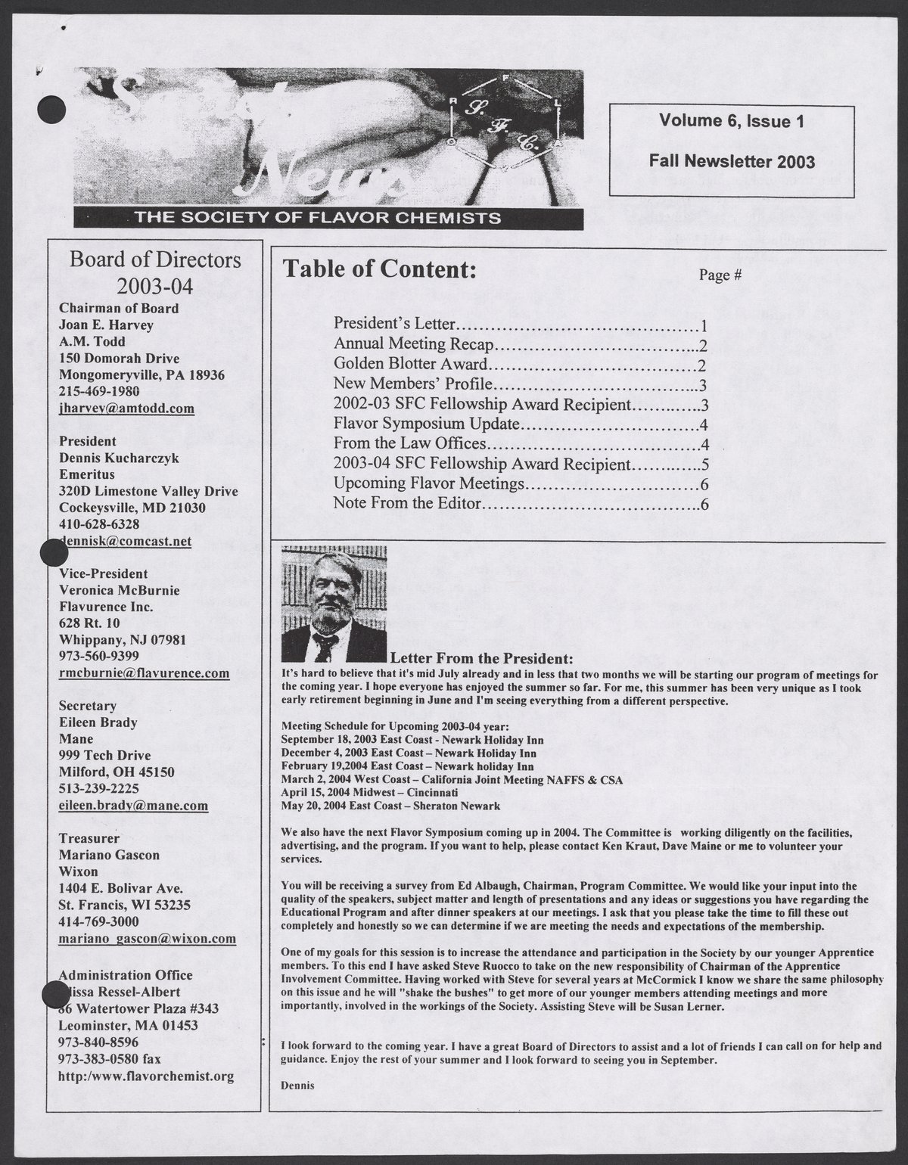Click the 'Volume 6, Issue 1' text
coord(731,121)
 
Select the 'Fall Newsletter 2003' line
coord(731,161)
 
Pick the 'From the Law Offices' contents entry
coord(409,443)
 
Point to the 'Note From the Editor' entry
coord(407,503)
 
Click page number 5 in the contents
coord(704,464)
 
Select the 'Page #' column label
coord(720,275)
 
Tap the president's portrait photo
coord(334,602)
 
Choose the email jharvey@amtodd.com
coord(126,409)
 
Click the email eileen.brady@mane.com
coord(133,806)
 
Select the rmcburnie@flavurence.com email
coord(144,673)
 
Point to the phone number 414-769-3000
coord(98,921)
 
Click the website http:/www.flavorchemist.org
coord(146,1076)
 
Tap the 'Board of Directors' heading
coord(155,260)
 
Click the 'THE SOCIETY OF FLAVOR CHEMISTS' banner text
coord(317,218)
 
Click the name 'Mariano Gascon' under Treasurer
coord(108,855)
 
